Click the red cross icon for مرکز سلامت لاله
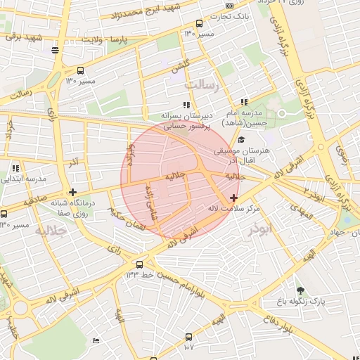[x=233, y=198]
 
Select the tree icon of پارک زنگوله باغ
[x=301, y=290]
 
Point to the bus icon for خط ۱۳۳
[x=139, y=265]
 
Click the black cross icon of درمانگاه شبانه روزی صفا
[x=73, y=192]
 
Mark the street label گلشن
[x=180, y=64]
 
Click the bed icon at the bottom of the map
[x=96, y=340]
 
